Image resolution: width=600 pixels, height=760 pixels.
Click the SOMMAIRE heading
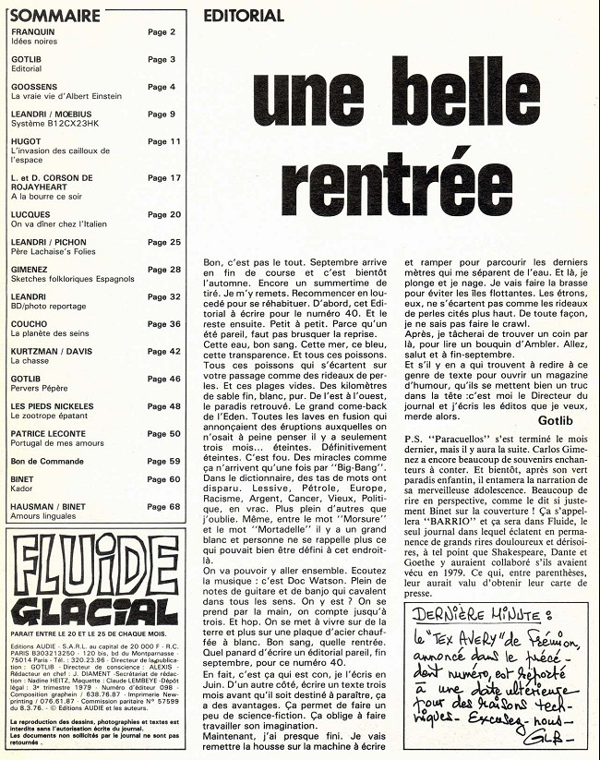[54, 16]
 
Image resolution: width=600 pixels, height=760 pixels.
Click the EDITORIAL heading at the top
[243, 16]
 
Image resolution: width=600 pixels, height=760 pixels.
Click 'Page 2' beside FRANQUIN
[162, 31]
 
